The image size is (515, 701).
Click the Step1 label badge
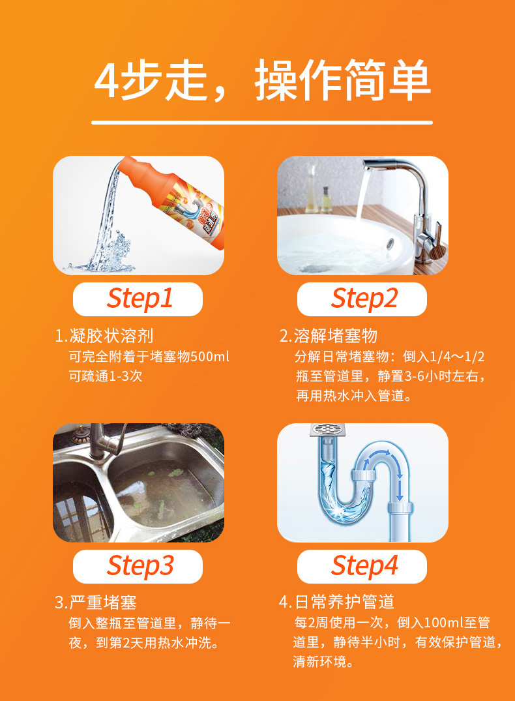138,299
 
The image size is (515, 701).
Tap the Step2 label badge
362,299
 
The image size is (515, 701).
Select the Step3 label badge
138,567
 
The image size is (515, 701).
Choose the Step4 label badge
362,567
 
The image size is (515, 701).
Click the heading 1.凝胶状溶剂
104,336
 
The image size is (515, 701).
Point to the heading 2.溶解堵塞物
329,336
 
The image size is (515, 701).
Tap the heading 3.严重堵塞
96,602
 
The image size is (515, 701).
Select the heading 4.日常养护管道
336,602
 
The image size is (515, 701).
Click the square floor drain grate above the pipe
331,429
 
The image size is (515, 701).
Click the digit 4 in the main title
106,80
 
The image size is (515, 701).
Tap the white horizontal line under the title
262,122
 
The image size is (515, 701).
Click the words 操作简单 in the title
342,80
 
